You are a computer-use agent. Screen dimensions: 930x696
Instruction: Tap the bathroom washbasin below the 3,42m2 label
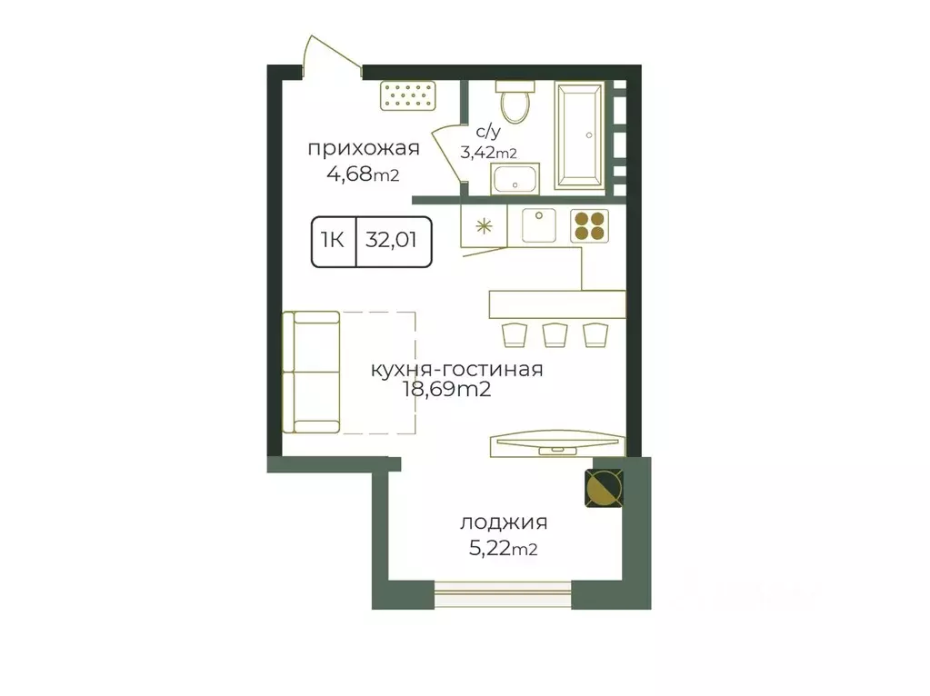click(x=515, y=178)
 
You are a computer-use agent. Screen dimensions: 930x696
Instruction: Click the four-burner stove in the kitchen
click(x=590, y=226)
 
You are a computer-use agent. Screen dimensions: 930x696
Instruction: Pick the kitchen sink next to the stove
click(x=538, y=225)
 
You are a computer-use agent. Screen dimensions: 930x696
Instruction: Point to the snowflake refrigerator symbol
click(x=485, y=226)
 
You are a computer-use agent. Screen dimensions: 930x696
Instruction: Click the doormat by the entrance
click(x=408, y=95)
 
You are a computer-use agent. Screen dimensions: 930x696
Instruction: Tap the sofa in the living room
click(x=312, y=373)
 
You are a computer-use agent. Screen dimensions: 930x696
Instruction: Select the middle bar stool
click(x=555, y=334)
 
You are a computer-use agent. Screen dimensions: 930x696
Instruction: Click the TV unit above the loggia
click(x=557, y=443)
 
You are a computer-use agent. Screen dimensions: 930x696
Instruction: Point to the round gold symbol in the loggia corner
click(x=605, y=488)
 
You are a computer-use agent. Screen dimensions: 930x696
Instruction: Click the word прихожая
click(x=364, y=148)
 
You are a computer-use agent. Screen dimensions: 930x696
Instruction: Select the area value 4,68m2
click(x=363, y=174)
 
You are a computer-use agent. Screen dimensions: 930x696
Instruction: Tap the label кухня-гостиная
click(x=456, y=369)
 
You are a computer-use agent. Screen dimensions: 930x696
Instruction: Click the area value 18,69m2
click(x=446, y=390)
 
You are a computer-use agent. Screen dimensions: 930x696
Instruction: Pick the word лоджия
click(x=504, y=522)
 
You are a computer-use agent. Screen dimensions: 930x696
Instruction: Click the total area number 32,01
click(x=391, y=240)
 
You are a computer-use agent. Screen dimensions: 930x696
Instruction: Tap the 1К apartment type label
click(x=332, y=240)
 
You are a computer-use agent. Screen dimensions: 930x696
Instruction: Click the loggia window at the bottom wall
click(x=503, y=594)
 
